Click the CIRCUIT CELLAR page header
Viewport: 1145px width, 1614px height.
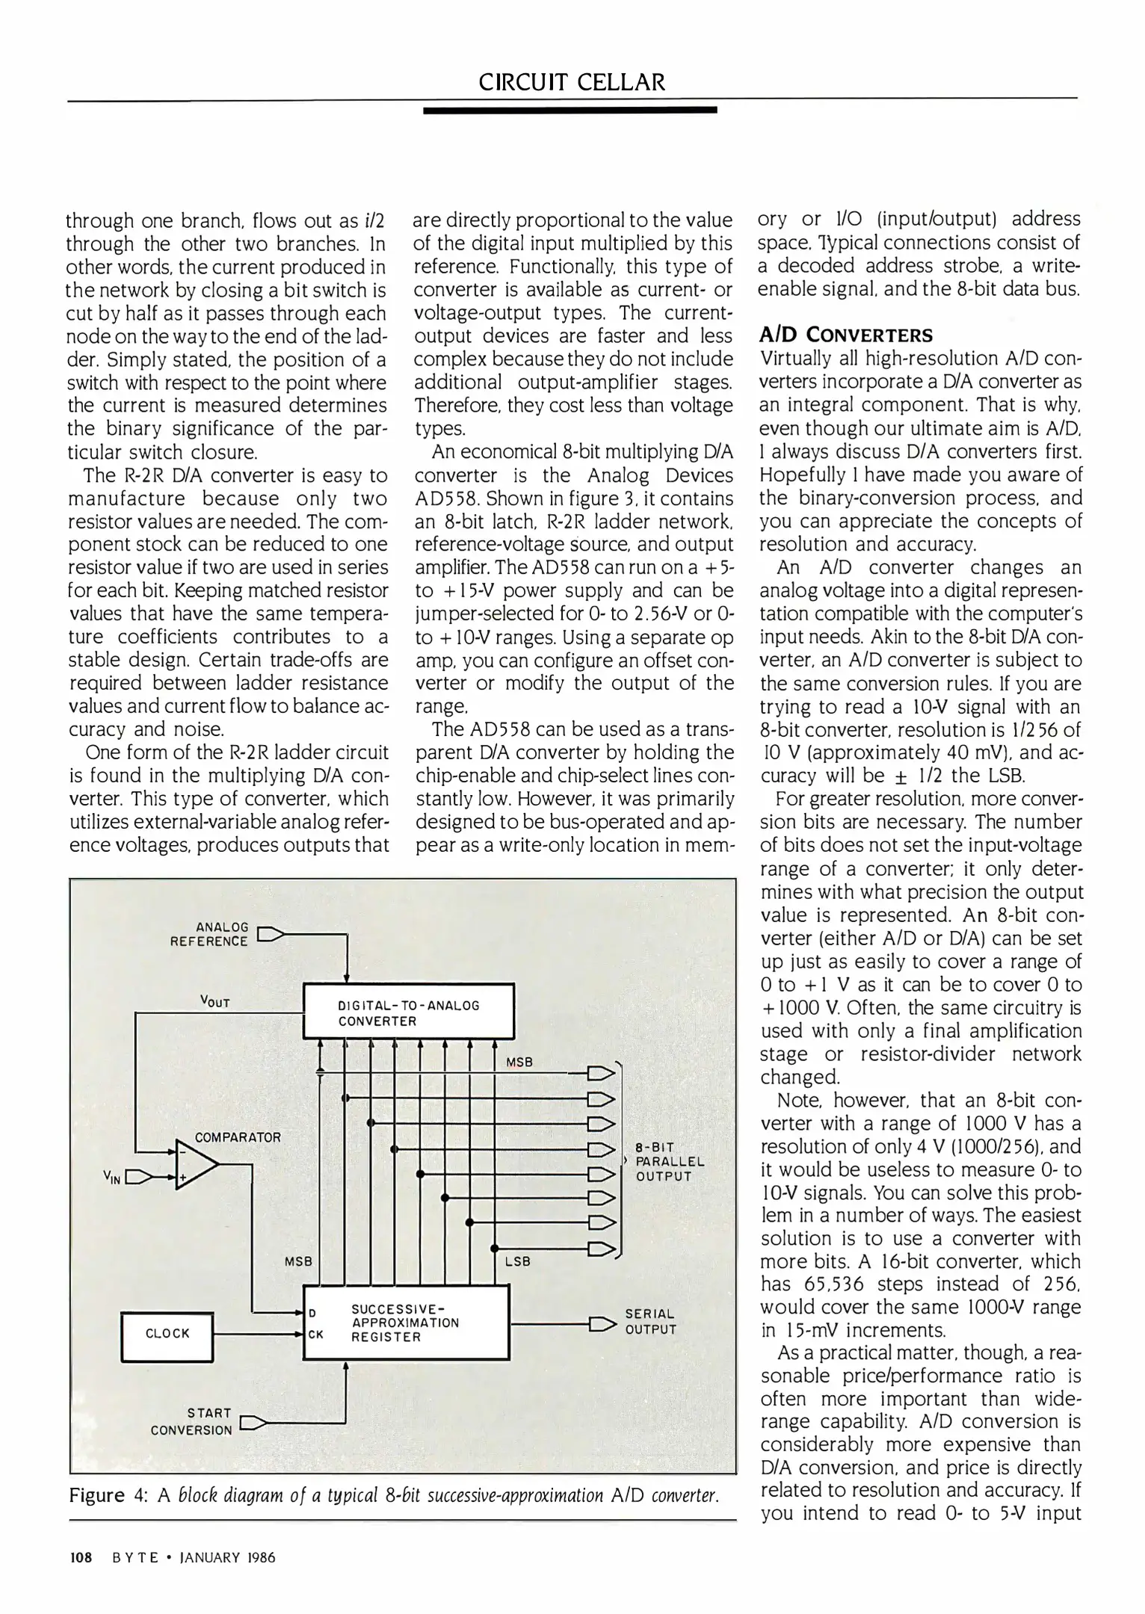(x=572, y=81)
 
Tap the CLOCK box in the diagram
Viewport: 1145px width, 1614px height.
(x=167, y=1333)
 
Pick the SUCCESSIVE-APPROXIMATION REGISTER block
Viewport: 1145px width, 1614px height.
(x=406, y=1323)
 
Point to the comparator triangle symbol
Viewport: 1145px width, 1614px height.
(x=195, y=1165)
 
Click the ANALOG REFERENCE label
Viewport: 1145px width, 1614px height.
(x=209, y=934)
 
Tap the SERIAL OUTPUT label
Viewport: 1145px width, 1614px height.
(x=650, y=1321)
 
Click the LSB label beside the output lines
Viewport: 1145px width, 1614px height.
(x=517, y=1261)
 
